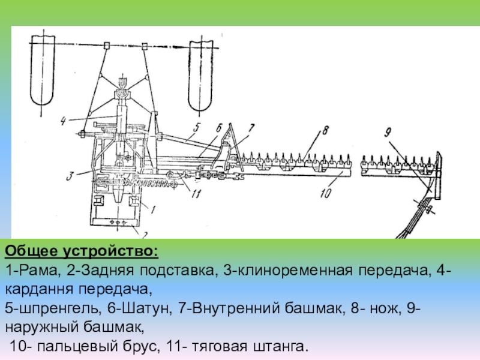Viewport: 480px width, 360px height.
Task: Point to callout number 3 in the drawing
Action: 70,176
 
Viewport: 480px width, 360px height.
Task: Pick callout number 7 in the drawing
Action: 251,127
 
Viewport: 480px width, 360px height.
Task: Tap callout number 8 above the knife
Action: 325,129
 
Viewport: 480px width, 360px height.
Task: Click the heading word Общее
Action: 29,250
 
